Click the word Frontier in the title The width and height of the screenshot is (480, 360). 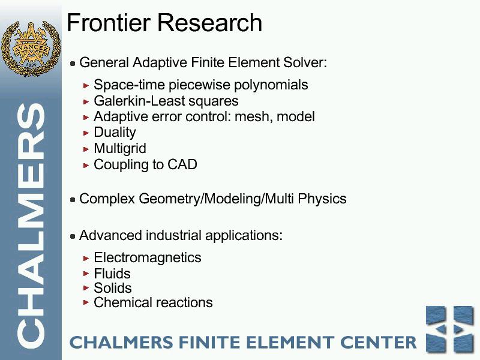coord(109,22)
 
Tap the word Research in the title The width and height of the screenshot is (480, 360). coord(209,22)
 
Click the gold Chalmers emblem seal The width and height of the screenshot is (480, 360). coord(31,48)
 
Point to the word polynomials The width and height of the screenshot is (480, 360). coord(271,85)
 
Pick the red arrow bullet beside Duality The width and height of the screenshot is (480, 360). coord(86,133)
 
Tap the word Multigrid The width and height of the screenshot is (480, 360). coord(120,149)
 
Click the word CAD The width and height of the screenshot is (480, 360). coord(182,164)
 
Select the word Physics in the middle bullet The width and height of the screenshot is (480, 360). coord(322,199)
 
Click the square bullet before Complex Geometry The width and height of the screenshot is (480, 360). coord(73,200)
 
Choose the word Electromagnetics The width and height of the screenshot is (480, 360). coord(148,257)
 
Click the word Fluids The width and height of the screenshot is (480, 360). coord(112,274)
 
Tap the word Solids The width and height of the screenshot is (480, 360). coord(113,288)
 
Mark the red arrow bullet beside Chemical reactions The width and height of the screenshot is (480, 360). coord(86,303)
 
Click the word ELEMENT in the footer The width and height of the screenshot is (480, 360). coord(290,342)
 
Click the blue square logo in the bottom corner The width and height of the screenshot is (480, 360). coord(450,329)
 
